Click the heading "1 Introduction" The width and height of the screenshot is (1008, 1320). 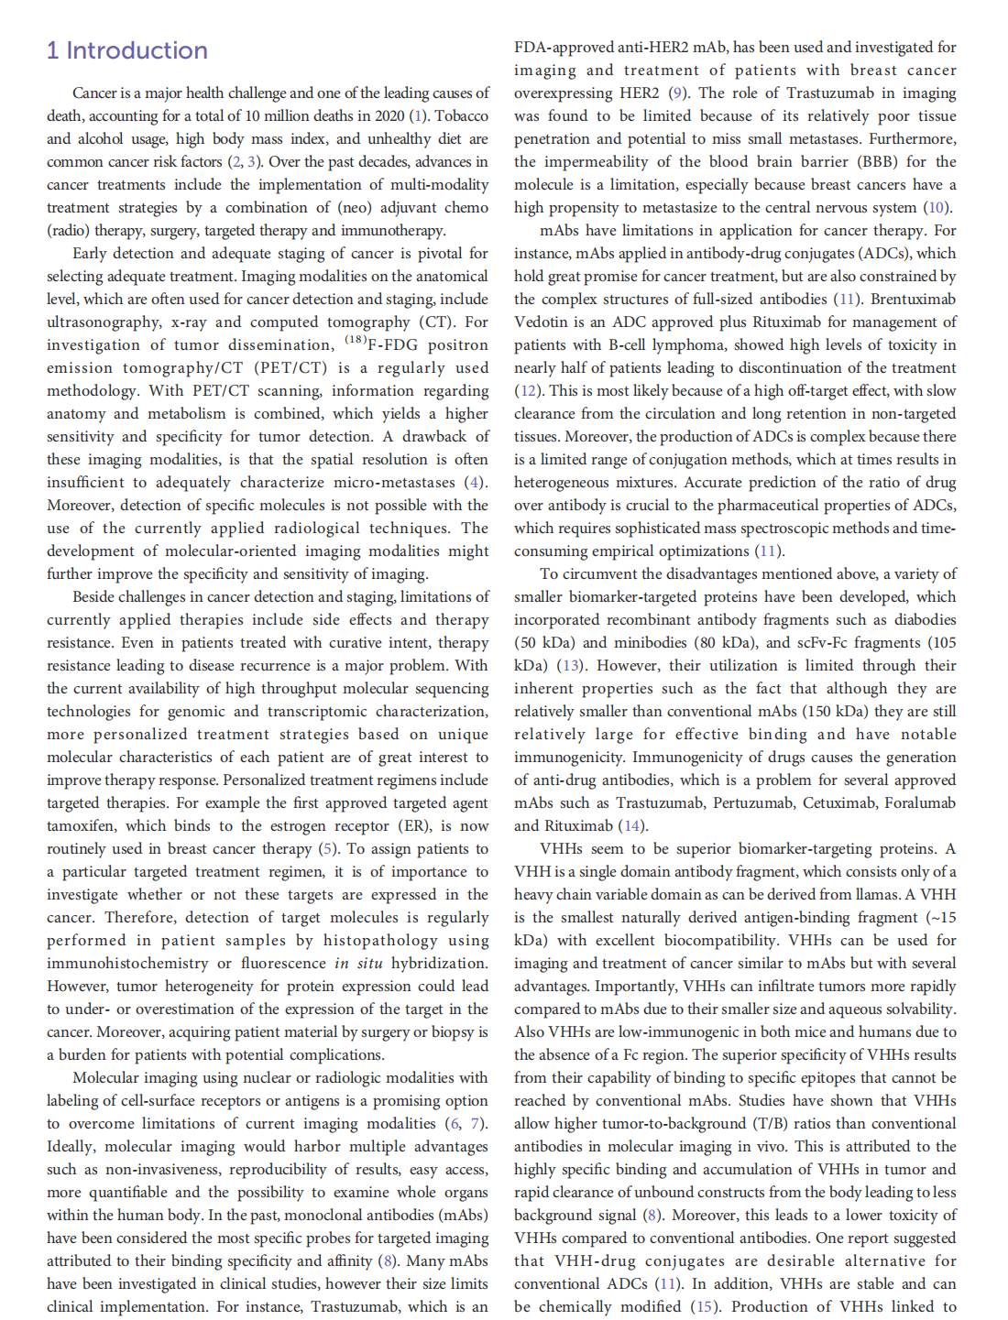127,50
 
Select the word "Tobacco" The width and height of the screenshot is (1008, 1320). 462,116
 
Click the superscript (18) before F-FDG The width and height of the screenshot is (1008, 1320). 356,341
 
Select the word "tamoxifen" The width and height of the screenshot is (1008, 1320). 81,826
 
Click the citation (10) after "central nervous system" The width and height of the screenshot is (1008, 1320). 937,208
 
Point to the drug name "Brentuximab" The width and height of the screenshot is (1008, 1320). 913,300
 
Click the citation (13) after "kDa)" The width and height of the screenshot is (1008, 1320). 571,666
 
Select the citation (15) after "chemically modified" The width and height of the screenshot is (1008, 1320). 703,1307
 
